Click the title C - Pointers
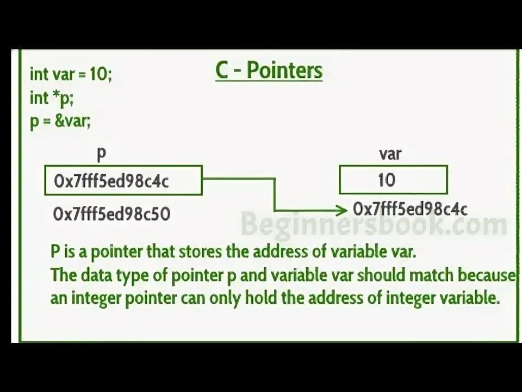coord(269,71)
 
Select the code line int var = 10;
coord(71,75)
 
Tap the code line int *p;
coord(52,98)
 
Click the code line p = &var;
coord(60,121)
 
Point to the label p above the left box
coord(101,154)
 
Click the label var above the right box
coord(390,154)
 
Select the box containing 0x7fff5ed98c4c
coord(123,181)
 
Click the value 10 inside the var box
coord(386,180)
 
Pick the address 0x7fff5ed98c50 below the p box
coord(112,214)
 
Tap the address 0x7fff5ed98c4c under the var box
coord(410,209)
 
